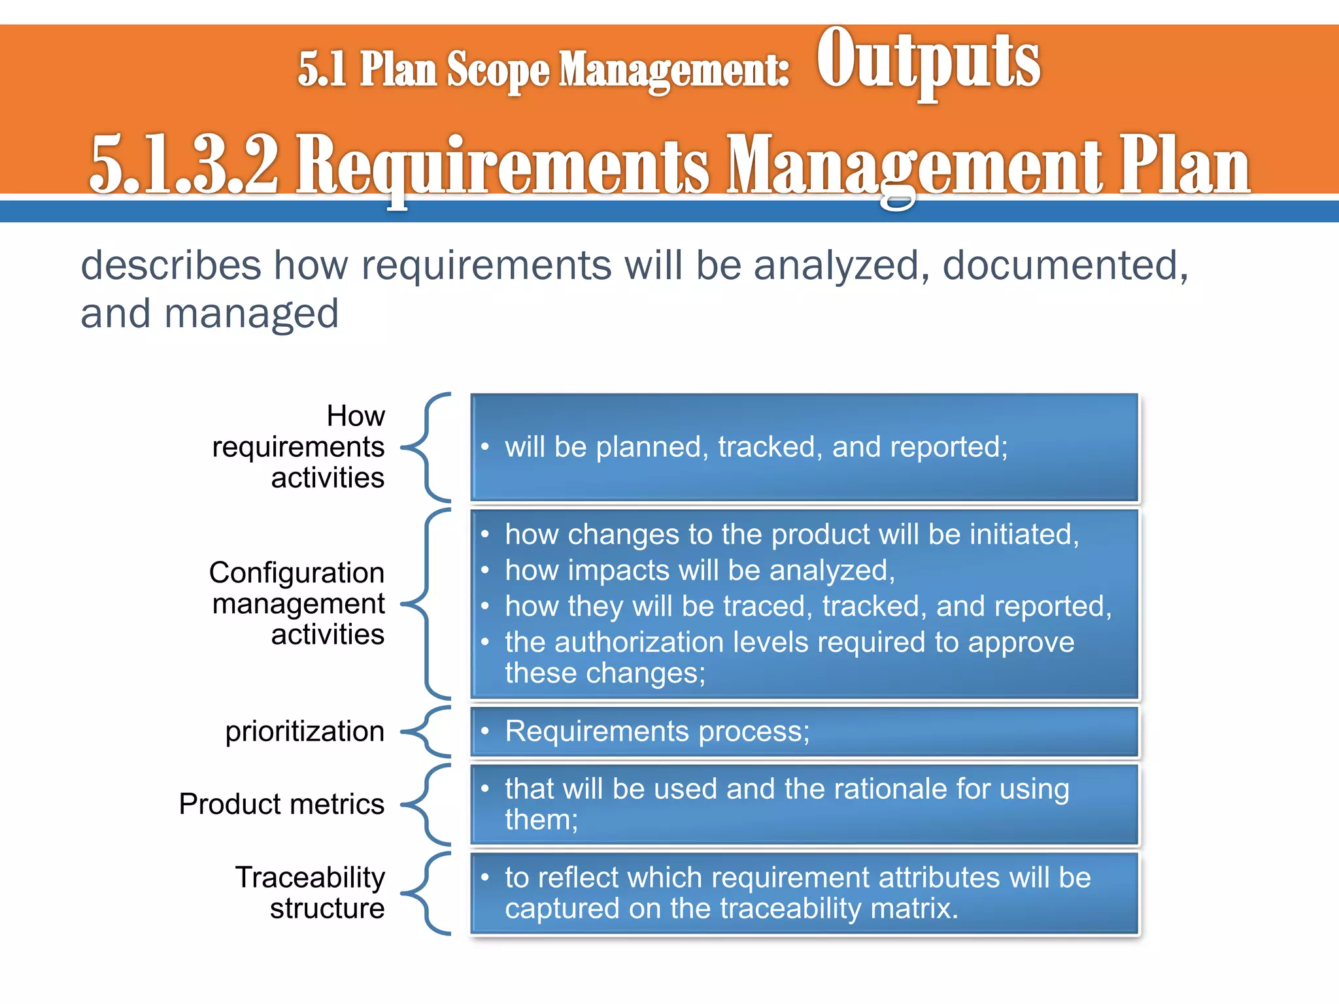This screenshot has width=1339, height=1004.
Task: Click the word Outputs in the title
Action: pyautogui.click(x=928, y=62)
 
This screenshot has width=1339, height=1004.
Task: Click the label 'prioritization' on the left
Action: pyautogui.click(x=305, y=731)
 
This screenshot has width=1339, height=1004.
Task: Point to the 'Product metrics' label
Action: pyautogui.click(x=282, y=804)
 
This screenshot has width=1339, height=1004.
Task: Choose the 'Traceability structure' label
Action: pyautogui.click(x=311, y=892)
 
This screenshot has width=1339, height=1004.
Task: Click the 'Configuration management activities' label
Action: pyautogui.click(x=297, y=603)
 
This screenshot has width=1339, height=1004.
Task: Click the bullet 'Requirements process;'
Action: pyautogui.click(x=657, y=731)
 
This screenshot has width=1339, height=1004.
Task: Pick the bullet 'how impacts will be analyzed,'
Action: pyautogui.click(x=700, y=571)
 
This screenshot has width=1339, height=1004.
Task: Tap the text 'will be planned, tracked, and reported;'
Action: pyautogui.click(x=756, y=447)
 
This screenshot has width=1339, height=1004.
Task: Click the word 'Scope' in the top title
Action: pyautogui.click(x=498, y=69)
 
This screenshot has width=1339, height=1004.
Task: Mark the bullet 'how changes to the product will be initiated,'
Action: pyautogui.click(x=791, y=535)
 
